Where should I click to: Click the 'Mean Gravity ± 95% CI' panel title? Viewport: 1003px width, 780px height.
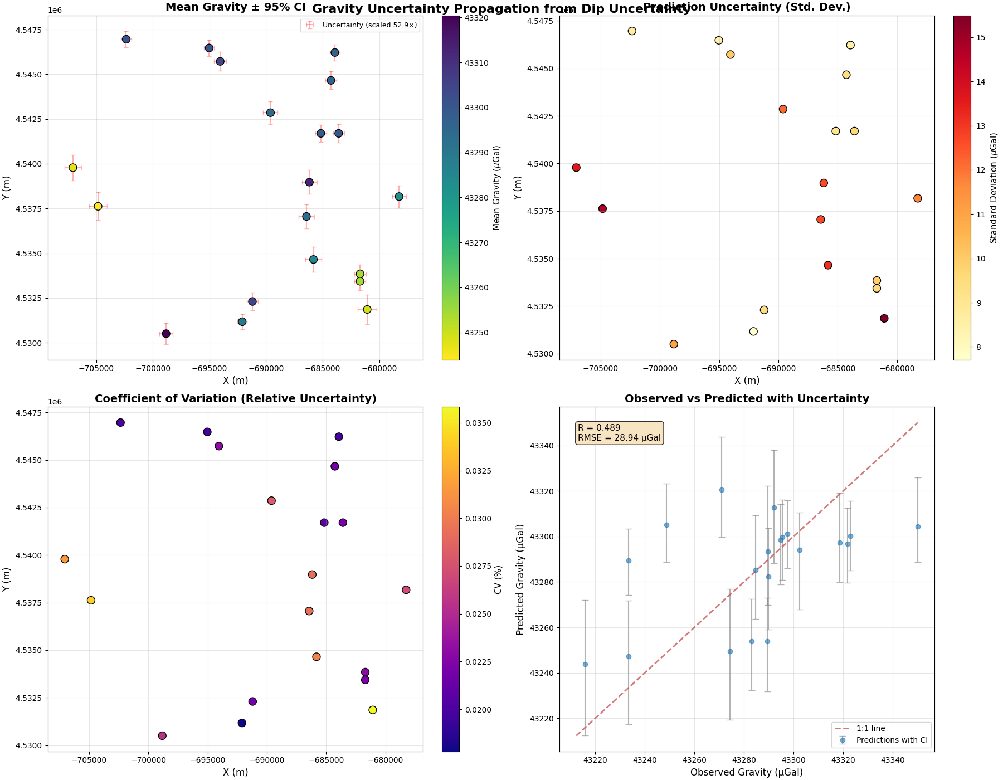[235, 7]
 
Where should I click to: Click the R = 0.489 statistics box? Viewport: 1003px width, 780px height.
[619, 433]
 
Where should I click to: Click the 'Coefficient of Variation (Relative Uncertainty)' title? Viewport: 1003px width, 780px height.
[235, 398]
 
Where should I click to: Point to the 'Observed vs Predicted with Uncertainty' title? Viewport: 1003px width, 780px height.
[747, 398]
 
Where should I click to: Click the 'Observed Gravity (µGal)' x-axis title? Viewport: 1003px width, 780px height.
[747, 772]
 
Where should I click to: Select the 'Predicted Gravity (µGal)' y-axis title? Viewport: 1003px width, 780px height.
[520, 579]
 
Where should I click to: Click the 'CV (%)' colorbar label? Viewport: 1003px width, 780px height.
[498, 579]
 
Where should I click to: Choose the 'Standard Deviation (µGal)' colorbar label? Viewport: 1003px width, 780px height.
[993, 188]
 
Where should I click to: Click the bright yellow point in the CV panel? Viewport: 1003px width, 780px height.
[373, 710]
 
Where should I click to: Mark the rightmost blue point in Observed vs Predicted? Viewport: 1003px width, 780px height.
[918, 526]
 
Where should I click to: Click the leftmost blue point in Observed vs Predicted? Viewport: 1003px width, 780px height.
[585, 664]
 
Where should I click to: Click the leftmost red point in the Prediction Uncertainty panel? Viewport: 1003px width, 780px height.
[576, 168]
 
